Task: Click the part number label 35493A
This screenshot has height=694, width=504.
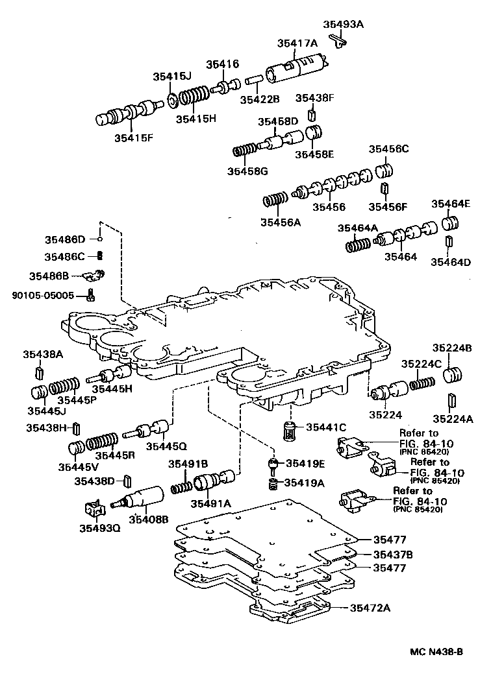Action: pyautogui.click(x=343, y=25)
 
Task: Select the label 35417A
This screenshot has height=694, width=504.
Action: pyautogui.click(x=297, y=43)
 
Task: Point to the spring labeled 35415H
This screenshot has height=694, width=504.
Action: pyautogui.click(x=194, y=97)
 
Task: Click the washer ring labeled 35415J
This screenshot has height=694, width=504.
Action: pyautogui.click(x=173, y=100)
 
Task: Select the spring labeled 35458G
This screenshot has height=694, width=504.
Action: pyautogui.click(x=244, y=151)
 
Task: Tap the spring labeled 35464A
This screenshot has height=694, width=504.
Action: pyautogui.click(x=357, y=245)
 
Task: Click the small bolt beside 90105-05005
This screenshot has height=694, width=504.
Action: pyautogui.click(x=90, y=296)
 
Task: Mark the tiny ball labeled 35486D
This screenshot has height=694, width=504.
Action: pyautogui.click(x=101, y=239)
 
